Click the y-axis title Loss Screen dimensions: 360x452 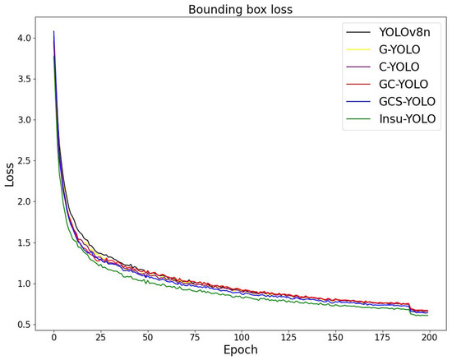[x=10, y=174]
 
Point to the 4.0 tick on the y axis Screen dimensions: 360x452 [x=25, y=38]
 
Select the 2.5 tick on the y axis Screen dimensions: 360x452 [x=25, y=161]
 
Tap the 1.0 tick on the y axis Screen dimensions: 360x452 [x=25, y=284]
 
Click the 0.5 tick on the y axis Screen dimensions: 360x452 [x=25, y=325]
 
